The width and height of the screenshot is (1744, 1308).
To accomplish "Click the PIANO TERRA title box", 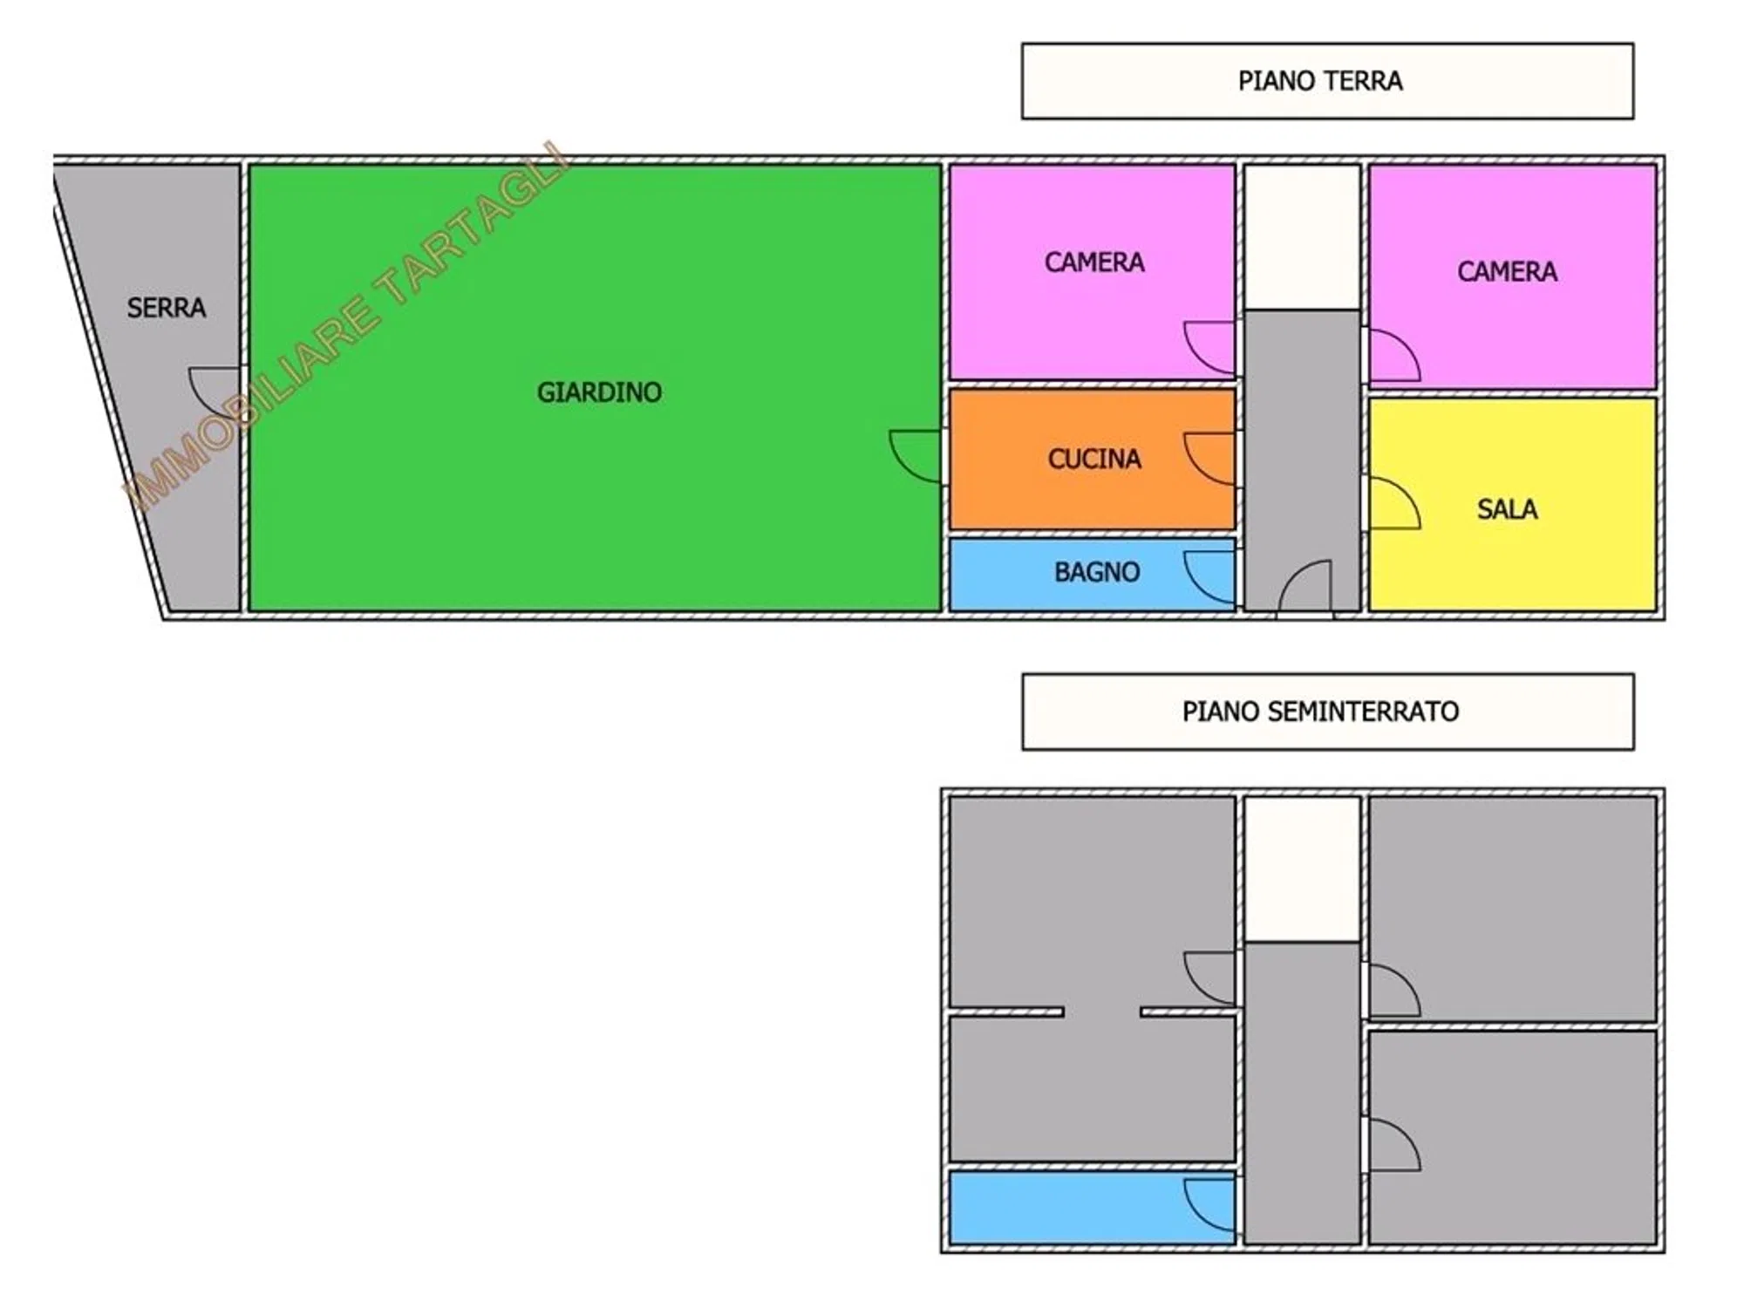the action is tap(1327, 81).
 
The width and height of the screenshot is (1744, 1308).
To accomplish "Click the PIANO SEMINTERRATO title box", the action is tap(1328, 712).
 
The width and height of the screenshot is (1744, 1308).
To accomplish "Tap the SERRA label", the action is tap(167, 308).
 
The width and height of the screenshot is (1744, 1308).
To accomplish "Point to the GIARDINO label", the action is tap(599, 392).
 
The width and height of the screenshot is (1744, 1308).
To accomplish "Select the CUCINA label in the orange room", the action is tap(1094, 459).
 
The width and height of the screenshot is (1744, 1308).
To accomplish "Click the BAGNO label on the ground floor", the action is tap(1097, 572).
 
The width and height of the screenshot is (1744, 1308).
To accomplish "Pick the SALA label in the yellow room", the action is tap(1507, 509).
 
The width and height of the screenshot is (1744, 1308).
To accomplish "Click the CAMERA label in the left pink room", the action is tap(1094, 262).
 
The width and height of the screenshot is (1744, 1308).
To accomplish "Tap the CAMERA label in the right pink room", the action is tap(1507, 271).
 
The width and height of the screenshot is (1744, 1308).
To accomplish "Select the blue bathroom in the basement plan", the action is tap(1092, 1208).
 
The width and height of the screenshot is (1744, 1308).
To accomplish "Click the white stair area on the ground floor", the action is tap(1302, 236).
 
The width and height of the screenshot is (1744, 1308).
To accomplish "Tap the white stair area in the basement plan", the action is tap(1302, 869).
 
